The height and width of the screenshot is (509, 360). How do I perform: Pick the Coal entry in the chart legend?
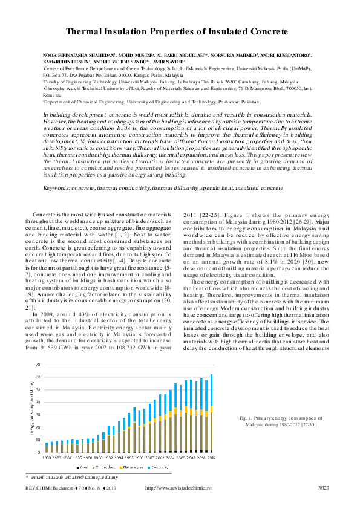click(x=85, y=467)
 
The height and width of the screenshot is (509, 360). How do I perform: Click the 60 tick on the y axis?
click(x=39, y=377)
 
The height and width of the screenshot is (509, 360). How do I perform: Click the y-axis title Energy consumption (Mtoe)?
click(x=33, y=409)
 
